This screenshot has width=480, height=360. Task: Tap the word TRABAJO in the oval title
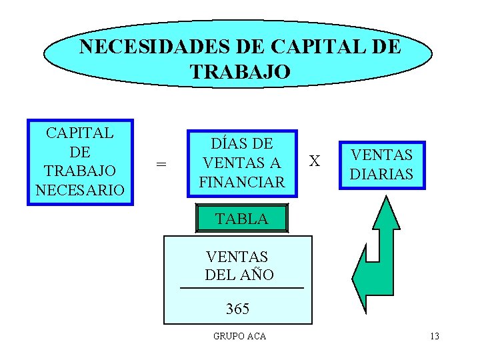pos(240,71)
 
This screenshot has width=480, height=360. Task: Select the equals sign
pos(161,164)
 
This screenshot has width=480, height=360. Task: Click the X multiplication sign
pos(315,161)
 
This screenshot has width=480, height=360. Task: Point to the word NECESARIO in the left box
pos(80,189)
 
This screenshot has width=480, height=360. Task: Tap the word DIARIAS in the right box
pos(382,174)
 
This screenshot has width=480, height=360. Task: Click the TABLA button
pos(241,218)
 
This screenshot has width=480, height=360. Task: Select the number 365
pos(237,309)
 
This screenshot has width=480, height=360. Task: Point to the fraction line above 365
pos(241,287)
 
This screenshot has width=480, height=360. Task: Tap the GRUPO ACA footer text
pos(239,336)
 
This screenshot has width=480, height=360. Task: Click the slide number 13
pos(434,336)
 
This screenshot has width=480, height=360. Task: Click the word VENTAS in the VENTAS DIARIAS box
pos(382,155)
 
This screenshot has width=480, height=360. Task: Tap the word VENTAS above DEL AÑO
pos(237,256)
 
